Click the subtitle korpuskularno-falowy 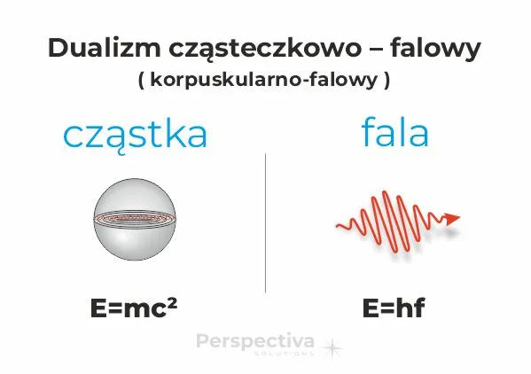click(x=264, y=79)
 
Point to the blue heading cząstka click(x=135, y=135)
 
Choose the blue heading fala click(x=394, y=133)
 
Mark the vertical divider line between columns click(x=266, y=222)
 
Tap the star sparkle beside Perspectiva click(x=332, y=347)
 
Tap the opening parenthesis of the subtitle click(x=142, y=79)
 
